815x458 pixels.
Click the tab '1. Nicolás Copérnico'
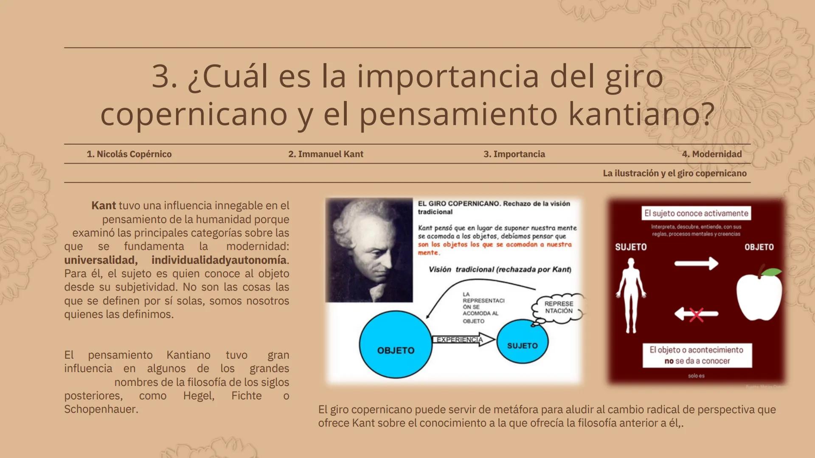pyautogui.click(x=129, y=154)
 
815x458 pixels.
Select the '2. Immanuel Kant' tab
pyautogui.click(x=326, y=154)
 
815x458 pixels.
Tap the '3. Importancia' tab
pyautogui.click(x=514, y=154)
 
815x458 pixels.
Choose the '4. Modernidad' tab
pyautogui.click(x=712, y=154)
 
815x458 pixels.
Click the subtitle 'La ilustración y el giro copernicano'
pyautogui.click(x=674, y=173)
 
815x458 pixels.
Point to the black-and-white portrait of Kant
pyautogui.click(x=369, y=250)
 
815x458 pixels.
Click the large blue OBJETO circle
pyautogui.click(x=396, y=345)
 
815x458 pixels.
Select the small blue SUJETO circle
pyautogui.click(x=522, y=342)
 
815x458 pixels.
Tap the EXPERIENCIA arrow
pyautogui.click(x=463, y=340)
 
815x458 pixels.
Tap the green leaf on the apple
pyautogui.click(x=771, y=272)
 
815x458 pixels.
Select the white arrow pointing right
pyautogui.click(x=696, y=263)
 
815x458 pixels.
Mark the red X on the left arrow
pyautogui.click(x=696, y=315)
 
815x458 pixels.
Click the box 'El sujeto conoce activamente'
pyautogui.click(x=696, y=213)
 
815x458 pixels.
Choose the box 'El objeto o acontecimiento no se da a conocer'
pyautogui.click(x=697, y=355)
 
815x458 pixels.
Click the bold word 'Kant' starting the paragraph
pyautogui.click(x=104, y=206)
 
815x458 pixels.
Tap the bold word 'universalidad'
pyautogui.click(x=101, y=260)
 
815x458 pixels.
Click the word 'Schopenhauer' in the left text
pyautogui.click(x=101, y=409)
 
